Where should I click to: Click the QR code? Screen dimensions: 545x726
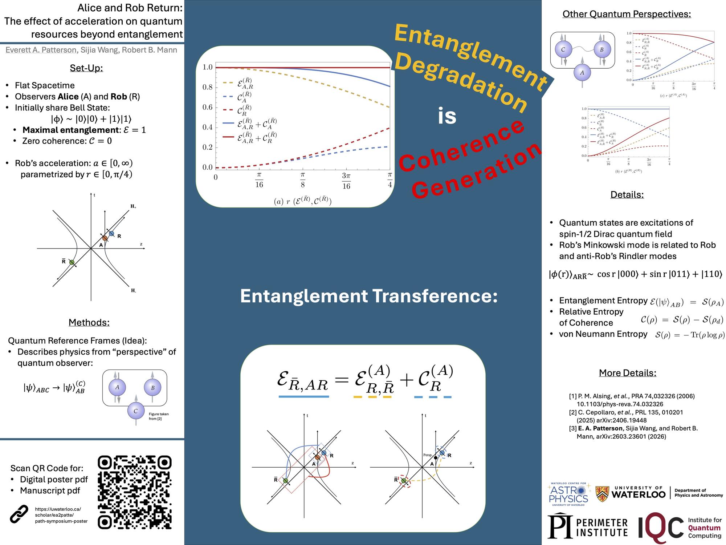tap(135, 492)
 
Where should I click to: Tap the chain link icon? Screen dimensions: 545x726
tap(19, 514)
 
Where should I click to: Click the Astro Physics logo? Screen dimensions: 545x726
tap(568, 494)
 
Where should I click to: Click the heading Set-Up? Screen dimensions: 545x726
tap(86, 68)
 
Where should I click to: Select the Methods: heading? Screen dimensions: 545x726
tap(89, 322)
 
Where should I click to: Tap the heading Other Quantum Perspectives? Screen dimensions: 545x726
tap(627, 14)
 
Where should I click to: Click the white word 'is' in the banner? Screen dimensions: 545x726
tap(447, 116)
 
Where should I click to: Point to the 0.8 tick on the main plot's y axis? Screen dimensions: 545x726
tap(208, 87)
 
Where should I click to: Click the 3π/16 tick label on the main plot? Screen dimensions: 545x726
tap(346, 181)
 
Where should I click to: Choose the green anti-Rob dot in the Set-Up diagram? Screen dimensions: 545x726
tap(72, 262)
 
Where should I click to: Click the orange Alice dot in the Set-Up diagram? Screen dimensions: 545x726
tap(105, 238)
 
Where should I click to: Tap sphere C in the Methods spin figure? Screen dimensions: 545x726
tap(135, 411)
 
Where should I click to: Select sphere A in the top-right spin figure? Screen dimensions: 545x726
tap(582, 73)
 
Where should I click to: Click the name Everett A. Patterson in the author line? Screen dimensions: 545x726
tap(41, 50)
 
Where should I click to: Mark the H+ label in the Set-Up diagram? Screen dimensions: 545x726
tap(133, 206)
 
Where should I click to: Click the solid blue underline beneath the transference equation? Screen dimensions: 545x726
tap(303, 397)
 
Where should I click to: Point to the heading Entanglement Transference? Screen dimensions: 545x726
tap(369, 296)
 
